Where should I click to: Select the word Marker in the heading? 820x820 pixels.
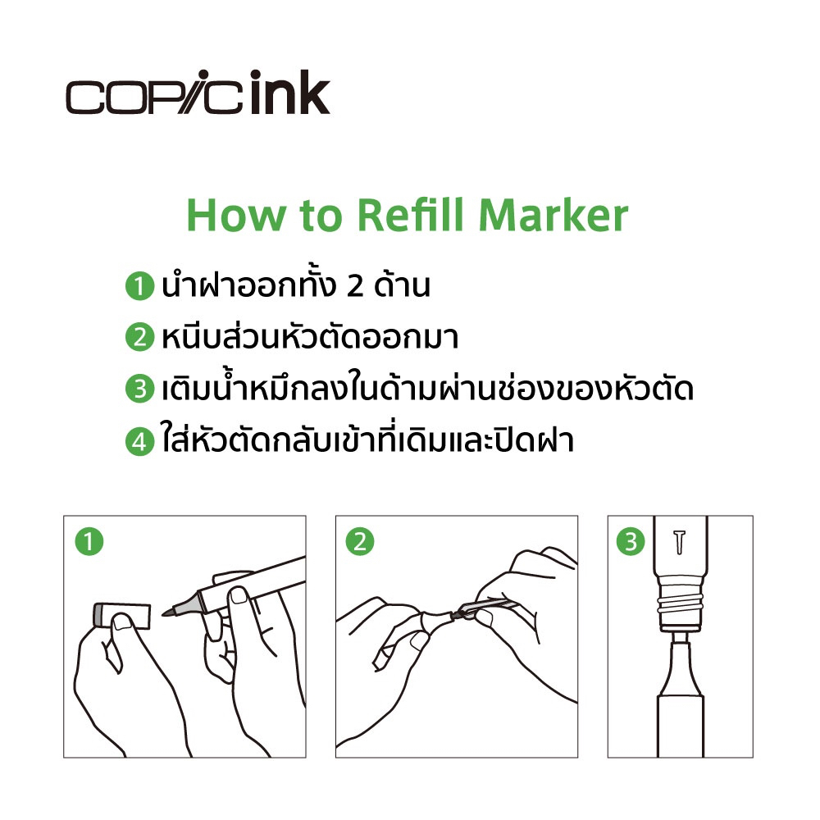(x=553, y=215)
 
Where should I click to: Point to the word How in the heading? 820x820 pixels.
(x=236, y=215)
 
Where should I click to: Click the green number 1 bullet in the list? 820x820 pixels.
(x=139, y=286)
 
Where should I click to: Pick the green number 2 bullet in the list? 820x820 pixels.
(x=139, y=337)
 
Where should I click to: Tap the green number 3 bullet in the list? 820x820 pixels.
(x=139, y=389)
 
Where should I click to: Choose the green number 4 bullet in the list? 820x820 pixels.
(x=139, y=441)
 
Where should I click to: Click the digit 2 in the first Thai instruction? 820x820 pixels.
(x=355, y=286)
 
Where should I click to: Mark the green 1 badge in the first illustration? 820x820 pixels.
(x=89, y=541)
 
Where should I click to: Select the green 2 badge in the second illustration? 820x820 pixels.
(x=360, y=541)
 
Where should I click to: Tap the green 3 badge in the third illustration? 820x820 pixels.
(x=631, y=541)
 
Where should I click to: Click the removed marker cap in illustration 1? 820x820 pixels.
(x=122, y=616)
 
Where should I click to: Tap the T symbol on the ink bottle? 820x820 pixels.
(x=679, y=542)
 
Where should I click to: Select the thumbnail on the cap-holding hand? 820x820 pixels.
(x=122, y=622)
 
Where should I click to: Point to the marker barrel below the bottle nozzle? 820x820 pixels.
(x=680, y=726)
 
